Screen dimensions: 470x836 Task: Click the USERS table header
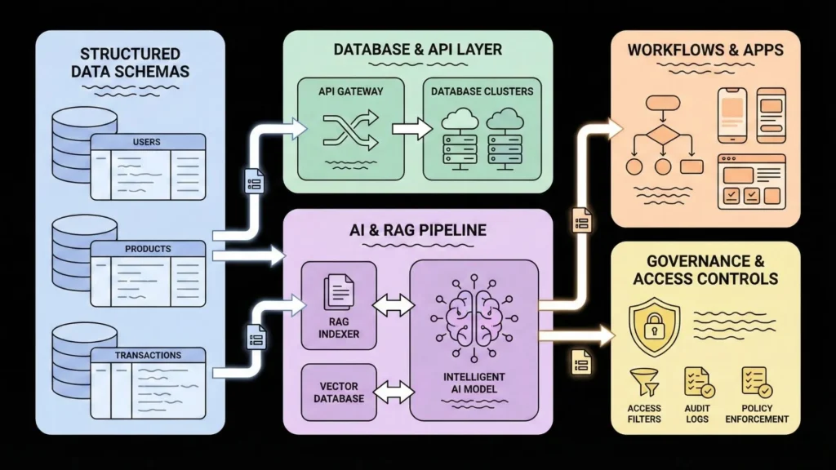(146, 142)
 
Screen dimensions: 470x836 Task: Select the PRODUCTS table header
(147, 248)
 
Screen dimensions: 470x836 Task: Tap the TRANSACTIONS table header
(147, 355)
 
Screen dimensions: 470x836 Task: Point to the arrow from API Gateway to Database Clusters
(411, 128)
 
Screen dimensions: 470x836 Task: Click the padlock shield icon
(656, 329)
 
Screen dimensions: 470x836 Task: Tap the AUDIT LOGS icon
(699, 381)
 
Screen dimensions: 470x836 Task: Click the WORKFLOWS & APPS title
(705, 51)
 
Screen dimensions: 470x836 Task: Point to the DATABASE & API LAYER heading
(417, 50)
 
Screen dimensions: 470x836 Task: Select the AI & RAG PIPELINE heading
(416, 230)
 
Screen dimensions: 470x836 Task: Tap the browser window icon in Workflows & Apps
(750, 181)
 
